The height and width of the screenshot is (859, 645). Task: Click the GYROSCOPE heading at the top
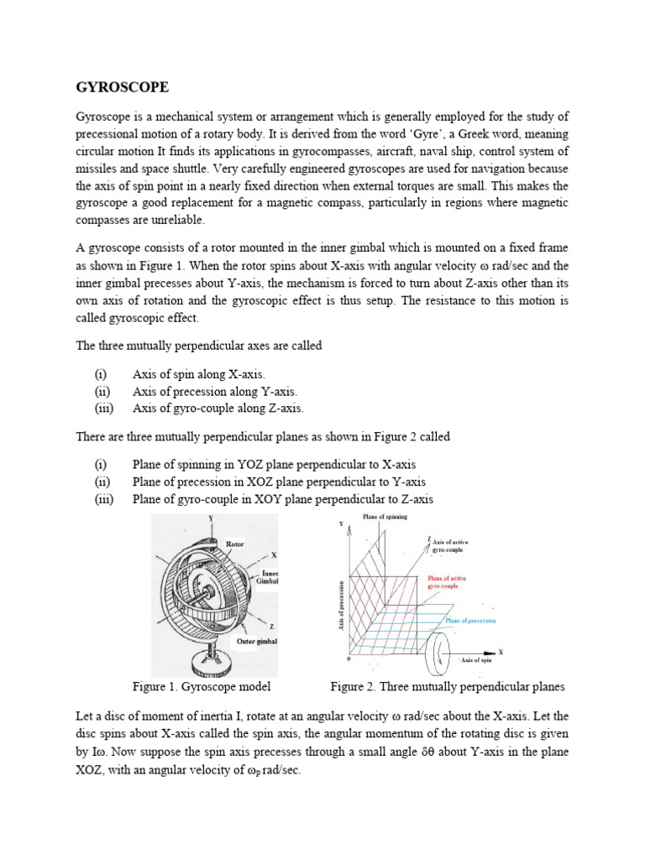(x=122, y=86)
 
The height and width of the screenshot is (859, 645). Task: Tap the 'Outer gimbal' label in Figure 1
(x=256, y=642)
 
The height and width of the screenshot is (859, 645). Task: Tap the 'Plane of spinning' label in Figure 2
(x=385, y=518)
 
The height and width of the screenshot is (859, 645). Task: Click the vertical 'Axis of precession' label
(x=342, y=606)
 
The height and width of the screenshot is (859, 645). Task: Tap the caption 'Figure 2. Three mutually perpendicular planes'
(x=447, y=687)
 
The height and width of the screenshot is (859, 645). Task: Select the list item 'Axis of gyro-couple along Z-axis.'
(x=218, y=409)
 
